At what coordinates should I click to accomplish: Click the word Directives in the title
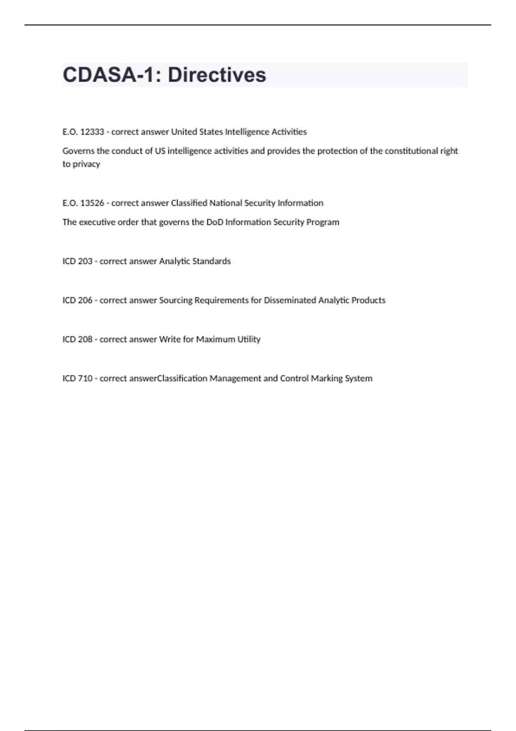tap(217, 75)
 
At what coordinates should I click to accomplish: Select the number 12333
tap(92, 132)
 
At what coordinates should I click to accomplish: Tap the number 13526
tap(92, 203)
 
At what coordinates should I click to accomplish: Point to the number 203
tap(85, 261)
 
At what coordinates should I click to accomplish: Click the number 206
tap(85, 300)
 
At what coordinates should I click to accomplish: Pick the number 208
tap(85, 339)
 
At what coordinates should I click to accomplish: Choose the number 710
tap(85, 378)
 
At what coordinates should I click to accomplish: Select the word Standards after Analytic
tap(212, 261)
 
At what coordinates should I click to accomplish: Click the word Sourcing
tap(176, 300)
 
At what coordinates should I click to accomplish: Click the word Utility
tap(249, 339)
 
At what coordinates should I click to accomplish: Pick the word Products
tap(369, 300)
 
